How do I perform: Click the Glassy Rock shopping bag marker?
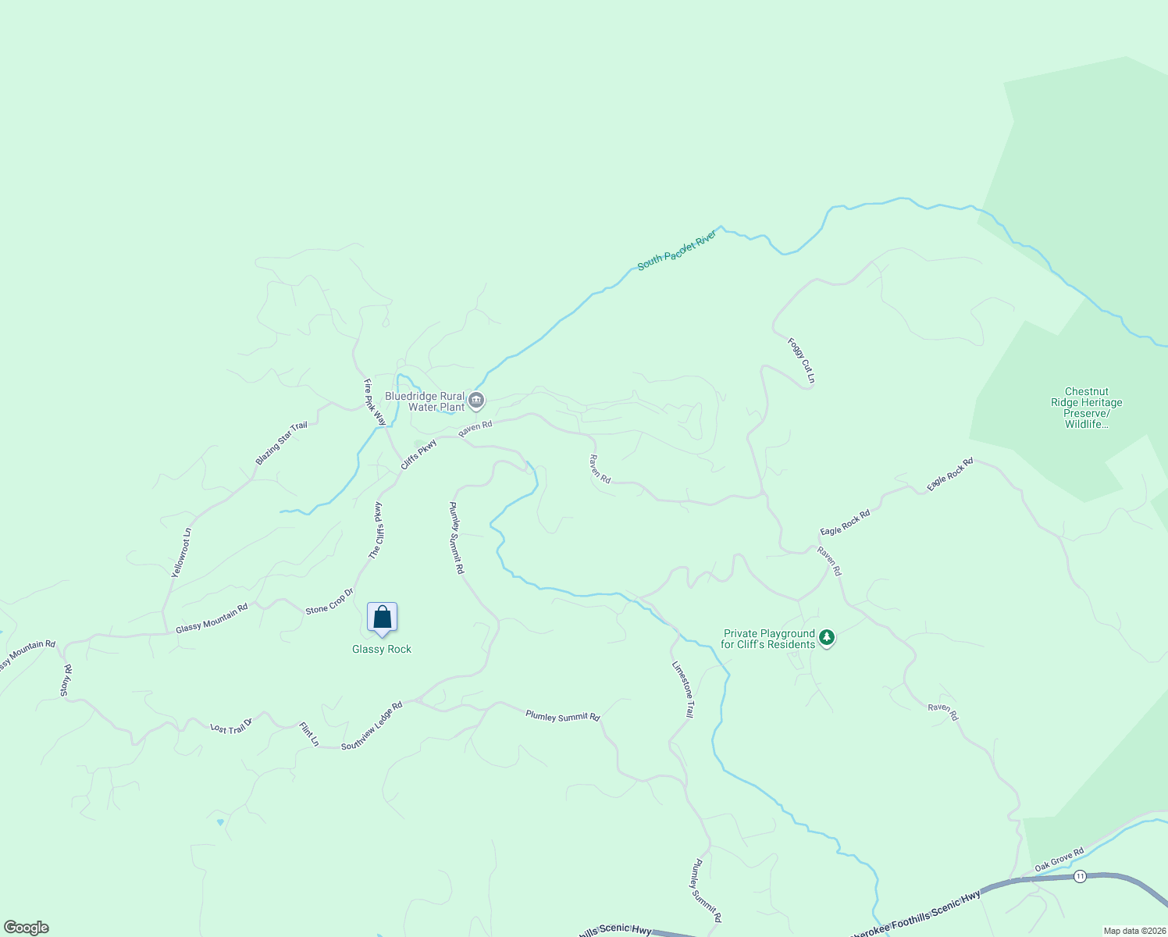(x=382, y=618)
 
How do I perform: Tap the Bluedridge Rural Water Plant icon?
(x=476, y=401)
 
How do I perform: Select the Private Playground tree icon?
(x=827, y=639)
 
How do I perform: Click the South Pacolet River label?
(x=677, y=251)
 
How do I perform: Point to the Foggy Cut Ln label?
(x=801, y=361)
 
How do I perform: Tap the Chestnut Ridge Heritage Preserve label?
(x=1086, y=408)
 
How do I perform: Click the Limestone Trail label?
(x=683, y=689)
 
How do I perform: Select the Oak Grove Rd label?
(x=1059, y=860)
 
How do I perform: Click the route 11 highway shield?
(x=1080, y=876)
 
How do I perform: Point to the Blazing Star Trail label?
(x=282, y=443)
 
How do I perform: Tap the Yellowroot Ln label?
(x=181, y=553)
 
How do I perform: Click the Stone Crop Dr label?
(x=329, y=600)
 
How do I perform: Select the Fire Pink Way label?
(x=375, y=402)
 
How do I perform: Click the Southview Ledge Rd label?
(x=372, y=725)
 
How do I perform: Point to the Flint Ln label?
(x=309, y=734)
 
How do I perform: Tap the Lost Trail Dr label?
(x=232, y=725)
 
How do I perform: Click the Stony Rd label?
(x=66, y=680)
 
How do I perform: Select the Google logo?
(x=27, y=928)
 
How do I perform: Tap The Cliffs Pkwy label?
(x=376, y=530)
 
